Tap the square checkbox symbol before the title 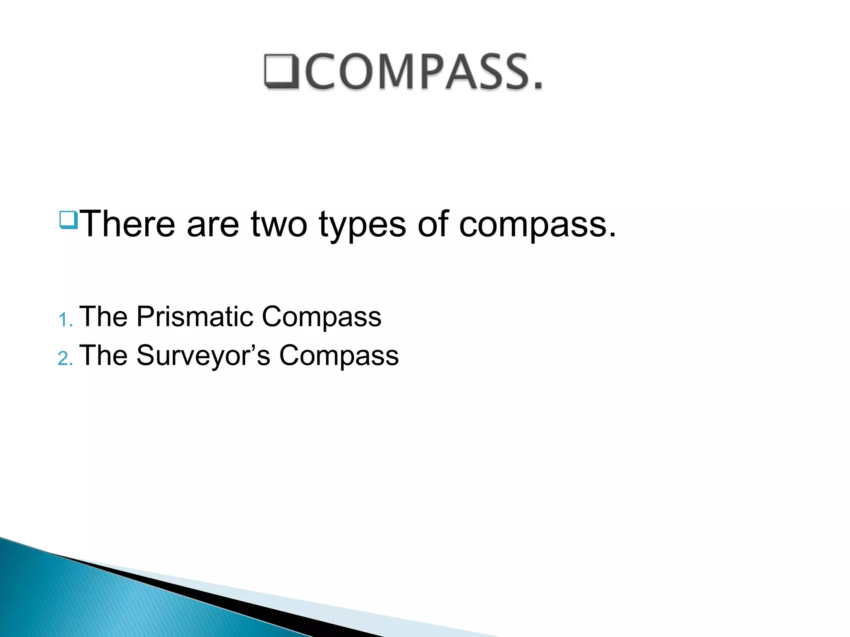click(x=281, y=71)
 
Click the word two click(x=279, y=224)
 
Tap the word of click(x=433, y=224)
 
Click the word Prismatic click(x=195, y=317)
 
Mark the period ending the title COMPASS click(x=538, y=86)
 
